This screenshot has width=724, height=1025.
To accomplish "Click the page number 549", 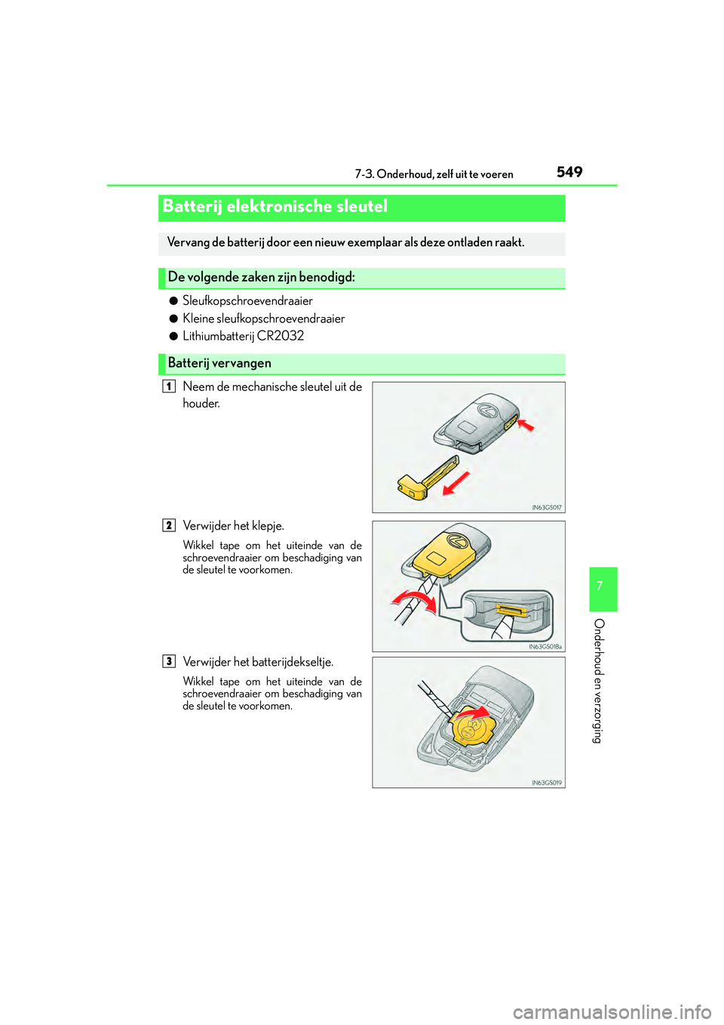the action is pos(569,172).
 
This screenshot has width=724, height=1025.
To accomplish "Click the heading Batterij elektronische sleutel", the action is pos(275,206).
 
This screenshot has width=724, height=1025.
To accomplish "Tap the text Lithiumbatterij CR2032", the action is pos(243,336).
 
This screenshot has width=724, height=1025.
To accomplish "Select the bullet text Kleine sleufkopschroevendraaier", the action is pos(264,319).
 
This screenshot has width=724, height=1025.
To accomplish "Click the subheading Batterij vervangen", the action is pos(219,363).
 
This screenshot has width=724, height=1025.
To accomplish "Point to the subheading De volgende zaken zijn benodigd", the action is pos(262,277).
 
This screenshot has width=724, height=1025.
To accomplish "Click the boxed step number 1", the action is pos(169,386).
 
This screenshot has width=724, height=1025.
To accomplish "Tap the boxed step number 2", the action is pos(169,526).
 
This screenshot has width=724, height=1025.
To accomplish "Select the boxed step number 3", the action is pos(169,661).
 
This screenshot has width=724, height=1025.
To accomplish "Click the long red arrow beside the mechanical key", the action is pos(456,483).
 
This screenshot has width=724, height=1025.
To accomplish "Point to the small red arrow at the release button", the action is pos(525,426).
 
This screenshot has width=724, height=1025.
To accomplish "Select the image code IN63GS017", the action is pos(547,507).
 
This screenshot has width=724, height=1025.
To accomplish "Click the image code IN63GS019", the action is pos(547,783).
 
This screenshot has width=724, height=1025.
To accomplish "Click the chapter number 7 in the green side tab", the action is pos(603,586).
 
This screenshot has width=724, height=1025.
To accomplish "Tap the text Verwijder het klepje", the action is pos(233,526).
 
